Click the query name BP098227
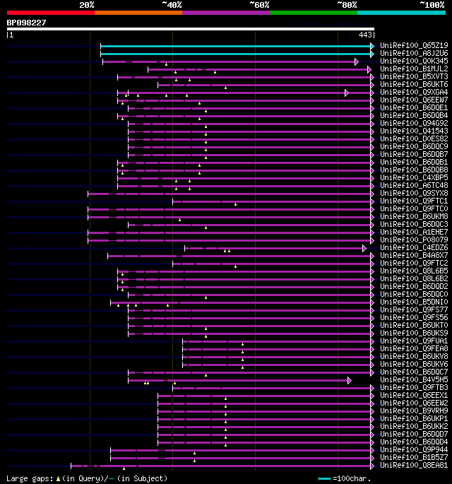(27, 23)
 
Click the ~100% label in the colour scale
(432, 5)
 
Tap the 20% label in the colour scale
(87, 5)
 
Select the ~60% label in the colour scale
(259, 5)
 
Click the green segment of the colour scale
(313, 13)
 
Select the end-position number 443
(366, 34)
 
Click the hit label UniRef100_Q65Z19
(404, 46)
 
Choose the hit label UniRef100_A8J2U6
(404, 54)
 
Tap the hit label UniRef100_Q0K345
(404, 61)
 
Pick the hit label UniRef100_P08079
(404, 240)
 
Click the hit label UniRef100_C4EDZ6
(404, 248)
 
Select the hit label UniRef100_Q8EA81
(404, 466)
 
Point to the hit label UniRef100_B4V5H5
(404, 380)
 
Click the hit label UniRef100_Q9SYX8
(404, 194)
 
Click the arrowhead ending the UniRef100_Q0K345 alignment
(357, 61)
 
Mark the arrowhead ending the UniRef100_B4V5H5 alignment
(350, 380)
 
